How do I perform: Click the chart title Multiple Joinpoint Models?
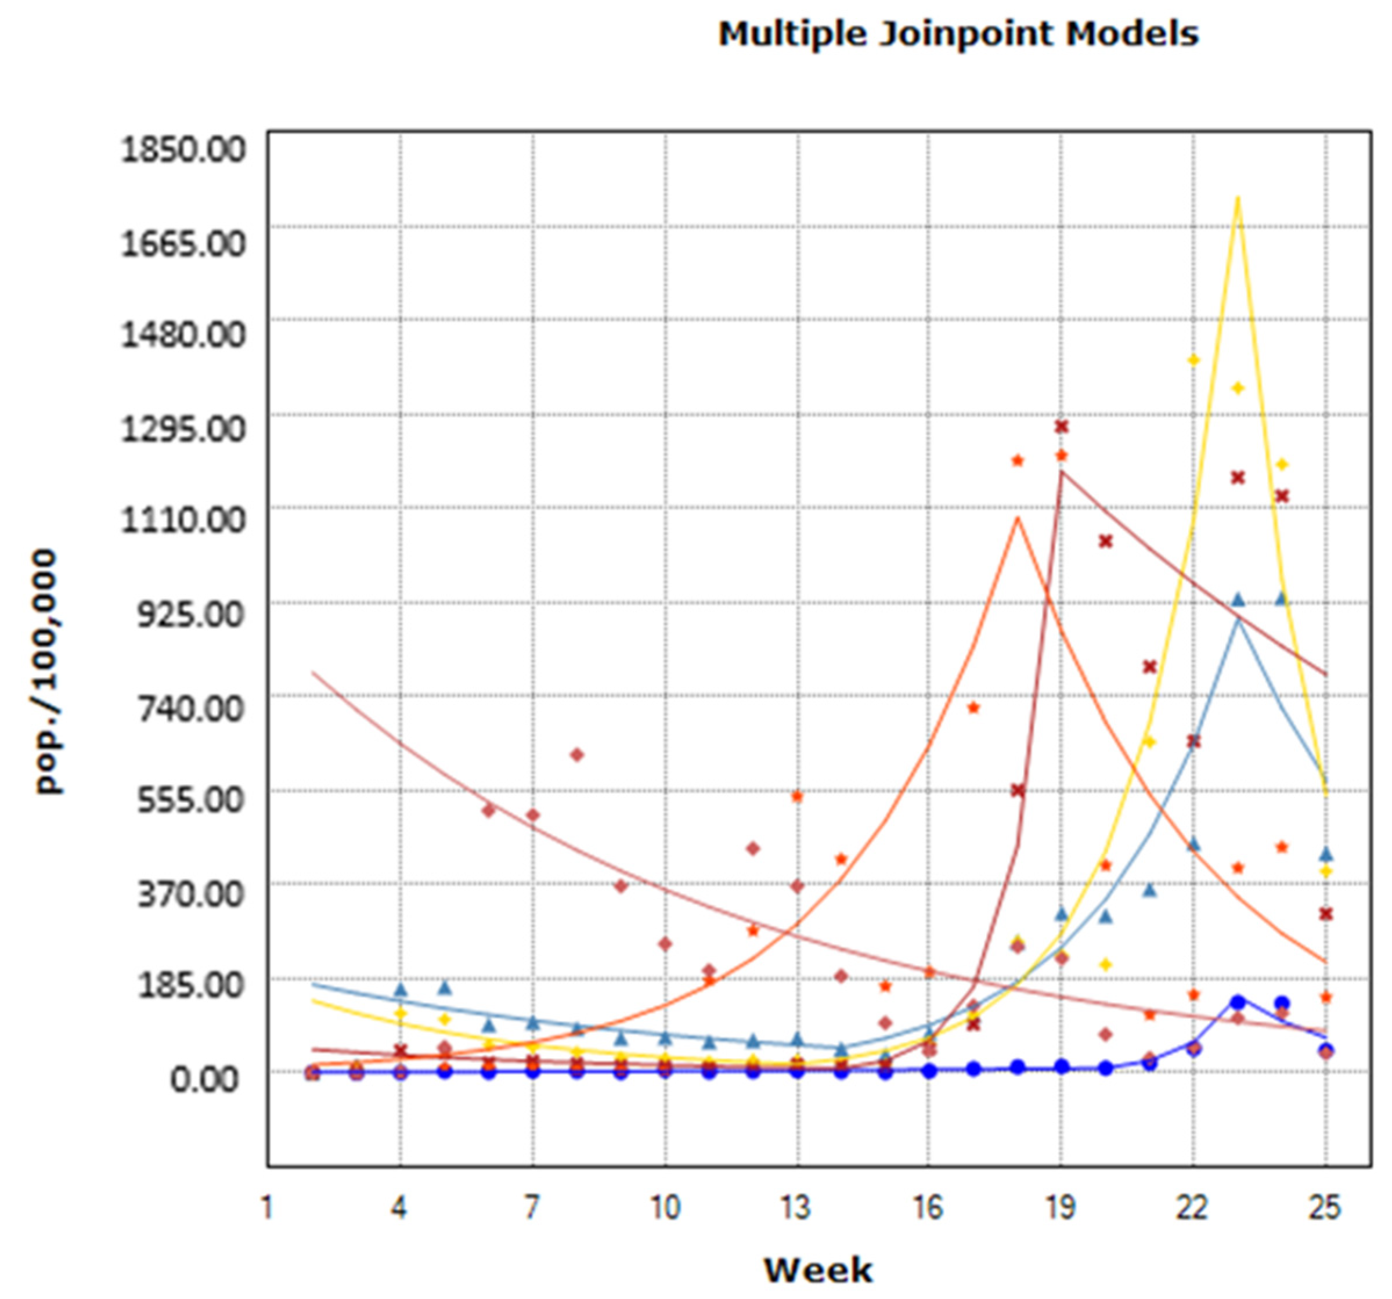tap(958, 34)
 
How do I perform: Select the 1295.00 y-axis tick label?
tap(183, 428)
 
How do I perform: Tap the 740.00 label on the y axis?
tap(193, 708)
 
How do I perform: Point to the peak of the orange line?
tap(1018, 518)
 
